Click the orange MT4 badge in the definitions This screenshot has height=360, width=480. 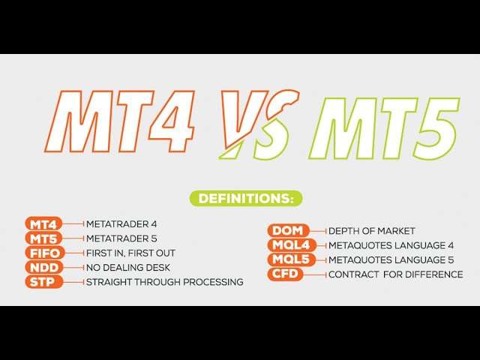(43, 224)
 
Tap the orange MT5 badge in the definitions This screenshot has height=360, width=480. (43, 238)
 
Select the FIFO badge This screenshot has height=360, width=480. (45, 253)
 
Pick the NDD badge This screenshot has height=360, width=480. (44, 267)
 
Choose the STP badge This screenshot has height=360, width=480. (43, 282)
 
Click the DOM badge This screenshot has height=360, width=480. (288, 230)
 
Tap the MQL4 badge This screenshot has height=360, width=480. (292, 245)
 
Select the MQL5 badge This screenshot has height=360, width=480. (292, 259)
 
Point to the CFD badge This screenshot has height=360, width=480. (285, 274)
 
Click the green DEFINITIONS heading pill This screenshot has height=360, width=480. (246, 198)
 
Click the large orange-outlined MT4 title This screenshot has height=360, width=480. (120, 121)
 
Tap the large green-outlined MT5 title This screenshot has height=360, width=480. (385, 128)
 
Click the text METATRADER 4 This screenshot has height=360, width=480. (121, 224)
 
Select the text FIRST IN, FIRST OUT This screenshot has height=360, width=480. (130, 253)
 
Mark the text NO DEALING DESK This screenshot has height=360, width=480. (128, 268)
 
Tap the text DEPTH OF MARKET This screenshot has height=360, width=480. (372, 231)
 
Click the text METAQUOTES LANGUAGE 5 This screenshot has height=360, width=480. (391, 260)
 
